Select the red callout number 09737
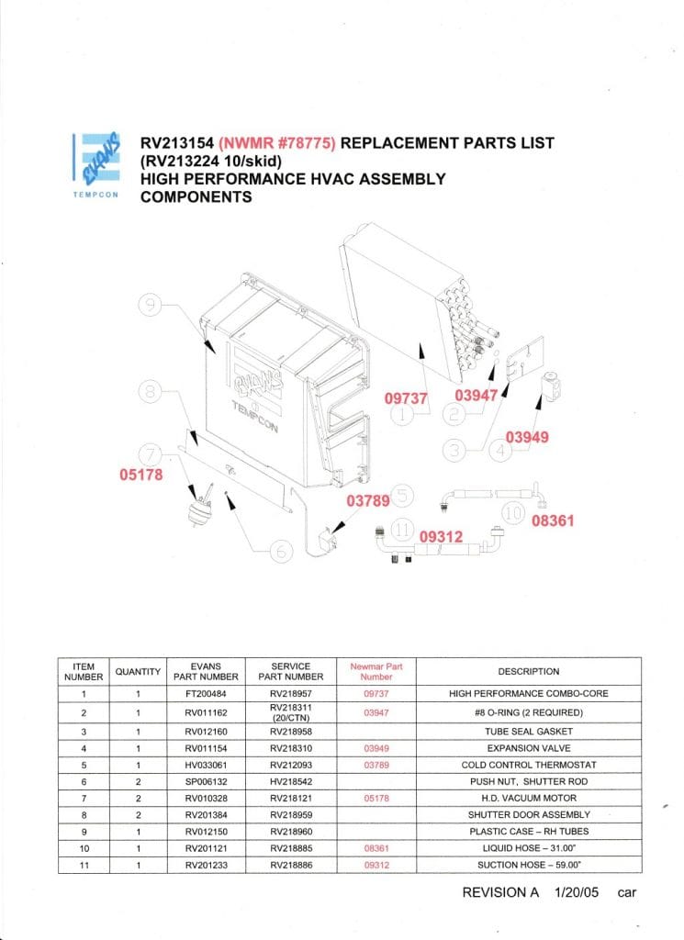[x=407, y=397]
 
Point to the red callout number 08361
[x=553, y=520]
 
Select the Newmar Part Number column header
[x=376, y=671]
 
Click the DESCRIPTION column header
[x=528, y=671]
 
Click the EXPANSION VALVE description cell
[x=528, y=747]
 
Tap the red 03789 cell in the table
[x=376, y=764]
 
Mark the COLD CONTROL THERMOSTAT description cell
[x=528, y=764]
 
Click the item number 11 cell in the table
[x=84, y=865]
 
